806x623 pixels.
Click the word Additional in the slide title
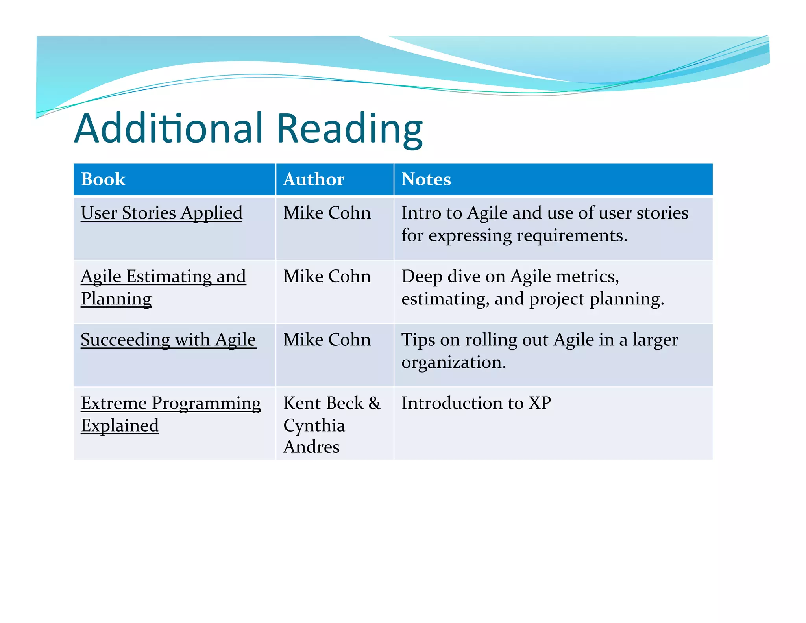tap(168, 128)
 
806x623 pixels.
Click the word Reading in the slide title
tap(349, 129)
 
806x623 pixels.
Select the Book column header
tap(103, 179)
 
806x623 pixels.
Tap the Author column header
tap(314, 179)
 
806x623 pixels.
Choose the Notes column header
tap(426, 179)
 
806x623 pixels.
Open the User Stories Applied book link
tap(161, 213)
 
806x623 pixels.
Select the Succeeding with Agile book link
tap(168, 340)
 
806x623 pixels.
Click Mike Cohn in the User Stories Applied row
tap(327, 213)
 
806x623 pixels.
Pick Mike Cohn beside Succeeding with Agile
tap(327, 340)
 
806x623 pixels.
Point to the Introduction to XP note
tap(476, 403)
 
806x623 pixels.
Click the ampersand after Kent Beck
tap(375, 403)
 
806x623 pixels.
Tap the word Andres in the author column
tap(311, 447)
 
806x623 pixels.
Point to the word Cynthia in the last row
tap(314, 426)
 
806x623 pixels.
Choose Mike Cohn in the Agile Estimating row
tap(327, 276)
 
